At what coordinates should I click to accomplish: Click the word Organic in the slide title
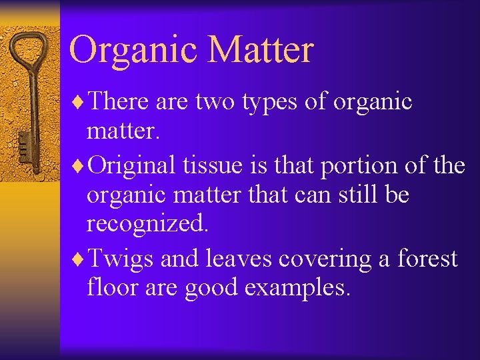133,51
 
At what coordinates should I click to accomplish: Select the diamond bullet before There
80,102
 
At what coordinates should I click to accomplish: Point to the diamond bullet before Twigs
80,259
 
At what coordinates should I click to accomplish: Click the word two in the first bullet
213,102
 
